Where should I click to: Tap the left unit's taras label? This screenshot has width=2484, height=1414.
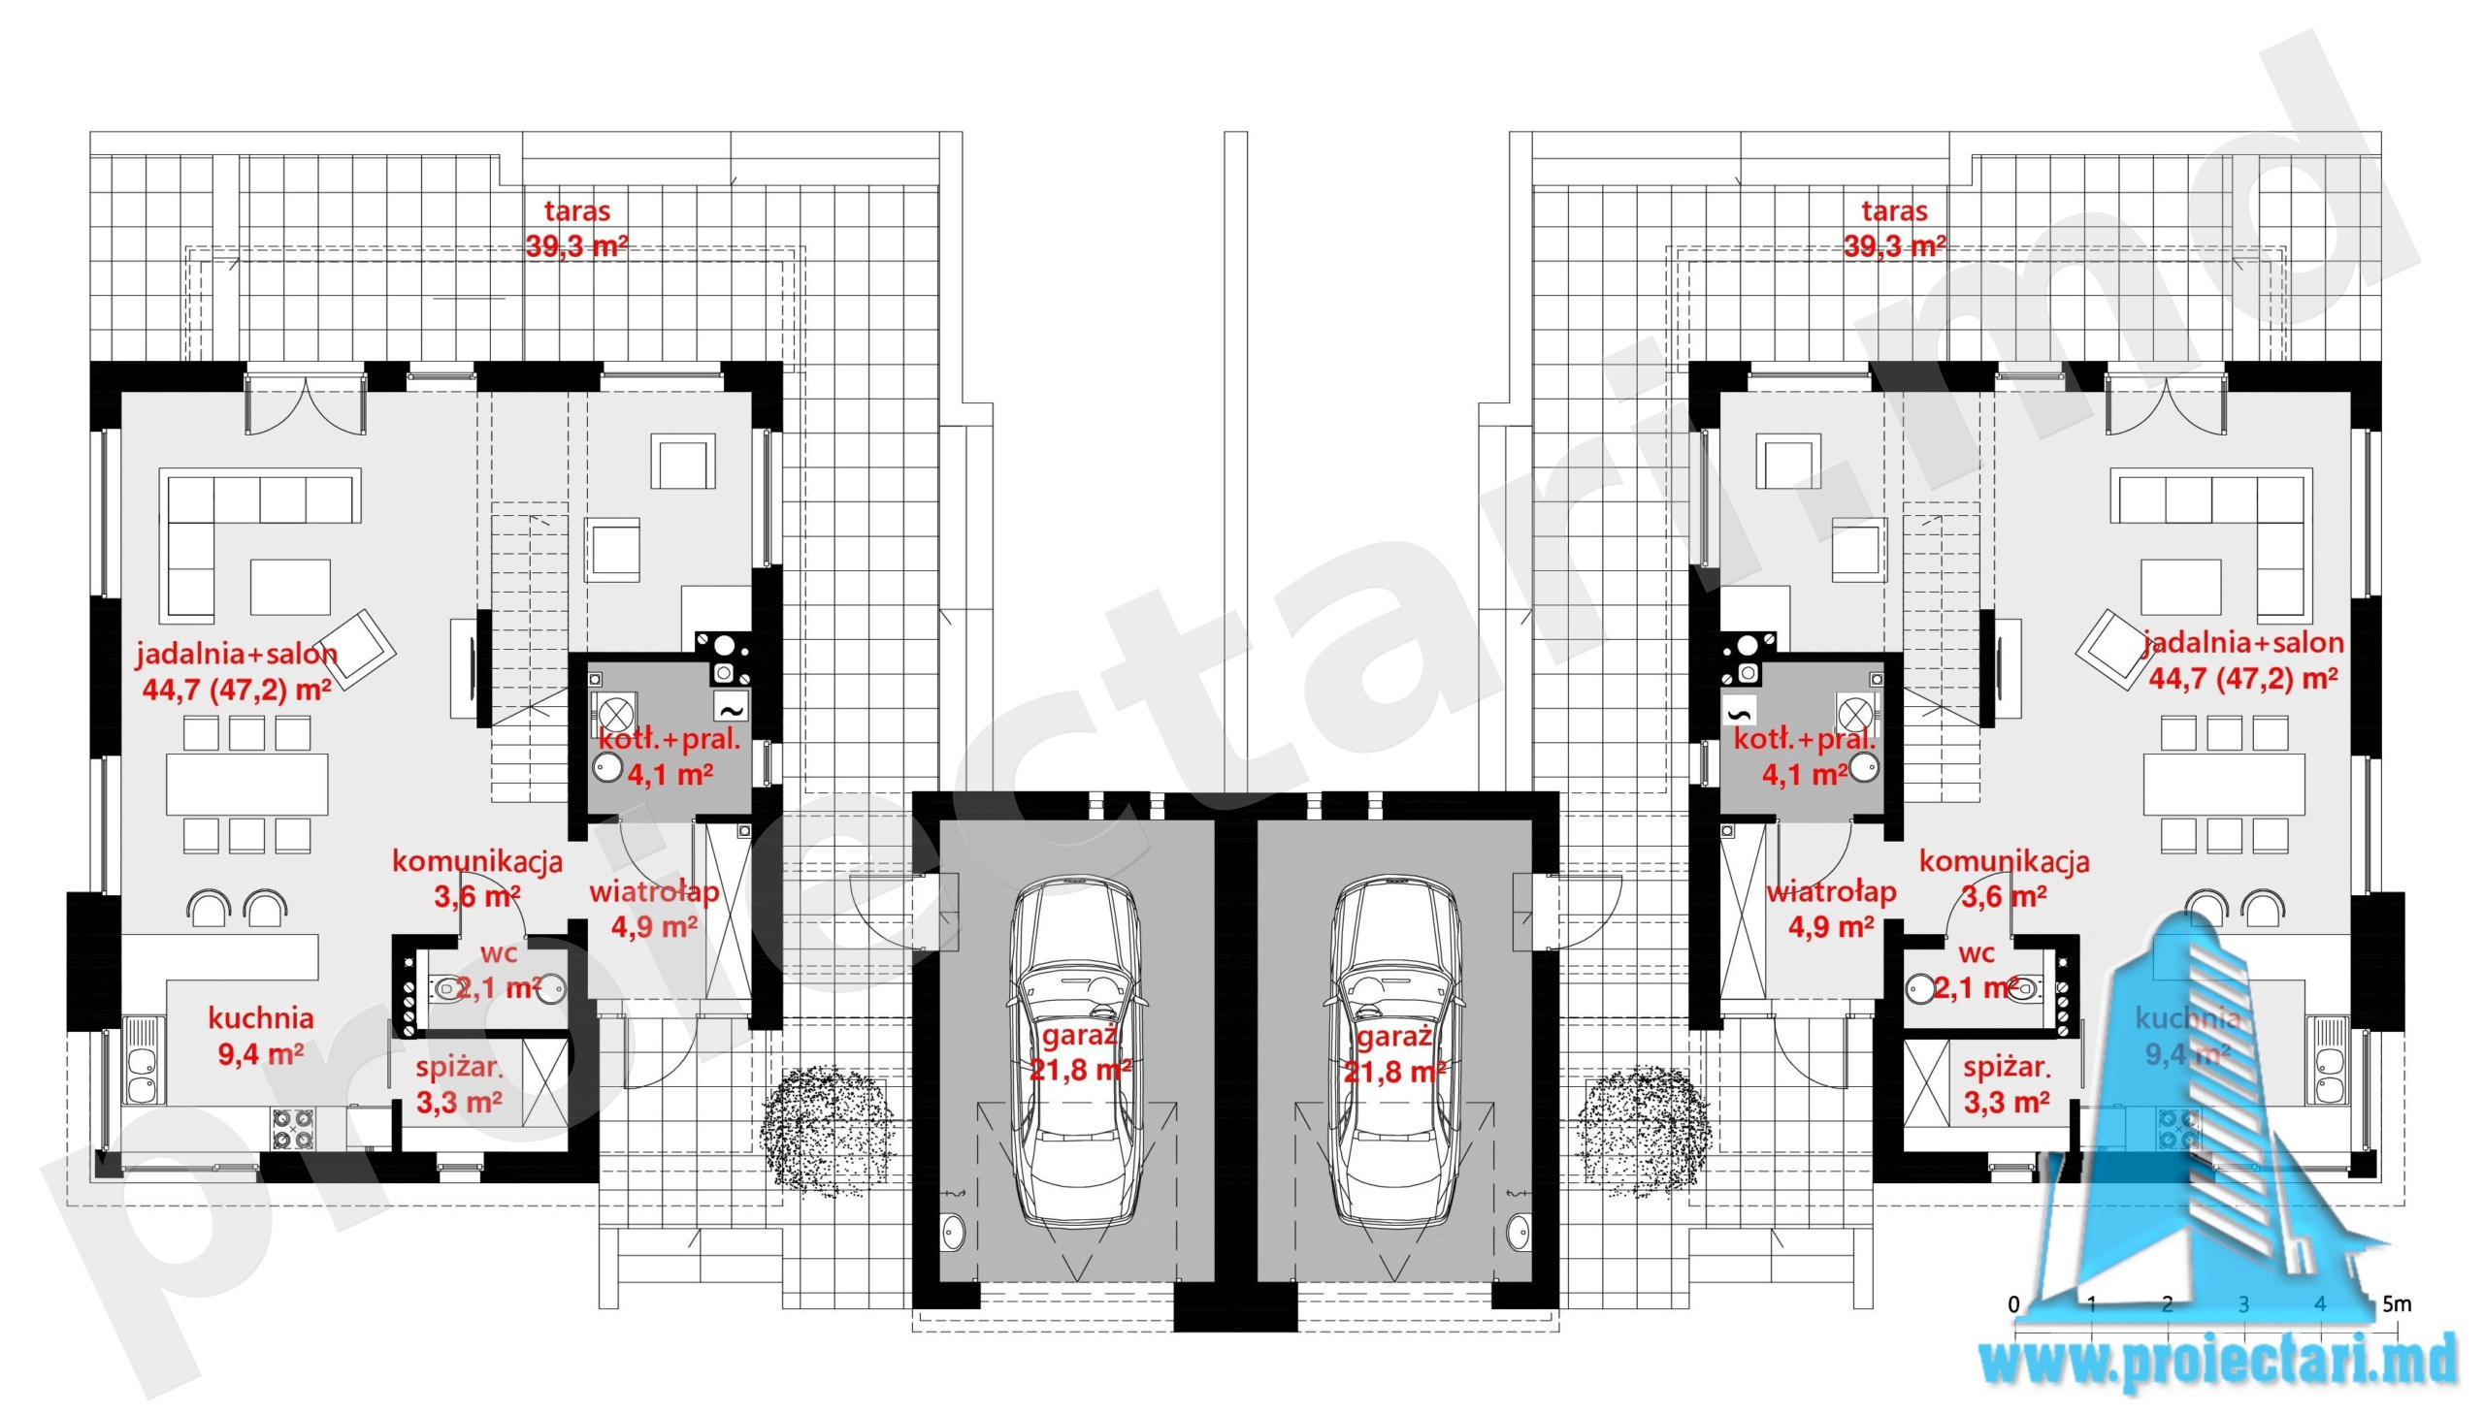tap(577, 210)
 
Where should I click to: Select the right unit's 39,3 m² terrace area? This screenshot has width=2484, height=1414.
tap(1894, 246)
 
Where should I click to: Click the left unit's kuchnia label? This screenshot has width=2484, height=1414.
tap(260, 1017)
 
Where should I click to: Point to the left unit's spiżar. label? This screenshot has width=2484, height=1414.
tap(459, 1069)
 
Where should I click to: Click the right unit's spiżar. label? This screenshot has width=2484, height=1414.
tap(2006, 1069)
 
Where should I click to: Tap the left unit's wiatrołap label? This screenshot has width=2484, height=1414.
tap(654, 891)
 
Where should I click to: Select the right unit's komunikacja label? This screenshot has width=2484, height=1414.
tap(2004, 860)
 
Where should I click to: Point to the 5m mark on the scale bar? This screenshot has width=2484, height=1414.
tap(2397, 1303)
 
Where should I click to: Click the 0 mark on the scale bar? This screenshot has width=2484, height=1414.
tap(2013, 1303)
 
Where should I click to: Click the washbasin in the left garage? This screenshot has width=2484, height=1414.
tap(952, 1232)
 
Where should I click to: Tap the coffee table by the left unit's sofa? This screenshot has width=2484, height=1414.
tap(290, 587)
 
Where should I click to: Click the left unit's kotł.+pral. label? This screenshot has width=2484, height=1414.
tap(670, 739)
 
